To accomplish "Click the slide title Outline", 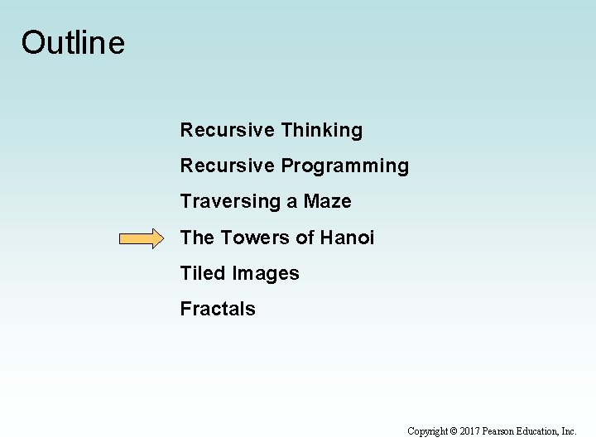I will (x=73, y=42).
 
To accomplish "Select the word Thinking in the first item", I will (x=321, y=131).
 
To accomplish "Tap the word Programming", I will (x=344, y=166).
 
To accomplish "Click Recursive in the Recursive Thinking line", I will (x=227, y=131).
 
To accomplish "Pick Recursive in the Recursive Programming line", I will (x=227, y=166).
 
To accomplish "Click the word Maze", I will (x=327, y=202).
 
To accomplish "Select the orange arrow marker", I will (x=142, y=239).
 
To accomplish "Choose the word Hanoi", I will (x=347, y=238).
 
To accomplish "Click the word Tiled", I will (x=204, y=273).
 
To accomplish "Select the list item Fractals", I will (x=218, y=309).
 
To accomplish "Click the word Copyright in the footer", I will (x=428, y=431).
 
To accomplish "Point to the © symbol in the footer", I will (x=454, y=431).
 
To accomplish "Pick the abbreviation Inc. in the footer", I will (x=569, y=431).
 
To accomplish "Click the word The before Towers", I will (x=197, y=238).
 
